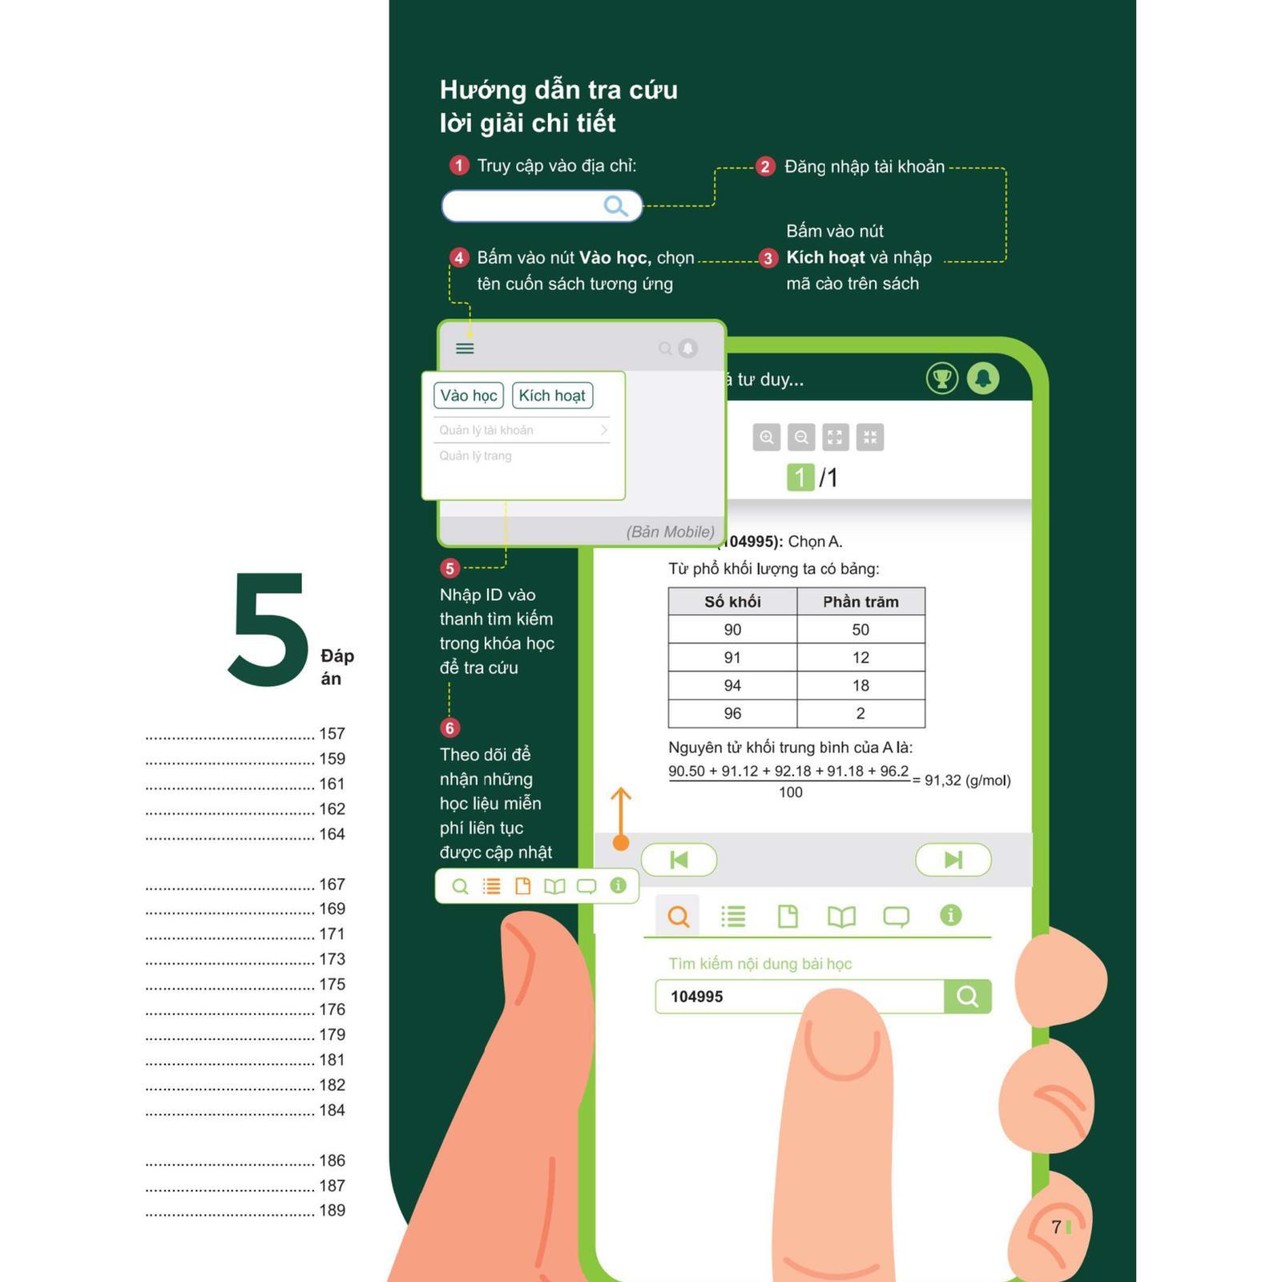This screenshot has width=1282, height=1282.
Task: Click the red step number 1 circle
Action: coord(458,166)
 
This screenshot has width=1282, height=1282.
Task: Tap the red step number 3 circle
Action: coord(768,258)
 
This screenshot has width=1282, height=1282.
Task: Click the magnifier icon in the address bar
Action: coord(615,206)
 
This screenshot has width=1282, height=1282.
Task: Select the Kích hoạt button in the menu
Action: coord(552,395)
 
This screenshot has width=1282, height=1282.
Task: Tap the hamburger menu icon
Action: coord(465,348)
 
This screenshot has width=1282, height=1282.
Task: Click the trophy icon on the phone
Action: coord(942,378)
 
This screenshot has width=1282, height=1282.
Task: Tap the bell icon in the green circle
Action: coord(983,378)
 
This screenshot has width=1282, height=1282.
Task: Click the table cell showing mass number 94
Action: coord(732,686)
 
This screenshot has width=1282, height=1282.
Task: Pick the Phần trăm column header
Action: coord(861,602)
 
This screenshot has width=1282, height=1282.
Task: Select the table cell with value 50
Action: coord(861,630)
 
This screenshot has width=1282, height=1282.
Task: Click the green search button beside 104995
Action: coord(968,996)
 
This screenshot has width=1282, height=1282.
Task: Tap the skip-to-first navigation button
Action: coord(679,860)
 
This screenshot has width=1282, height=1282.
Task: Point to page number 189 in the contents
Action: coord(333,1211)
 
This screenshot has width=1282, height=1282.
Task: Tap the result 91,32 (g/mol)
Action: coord(968,780)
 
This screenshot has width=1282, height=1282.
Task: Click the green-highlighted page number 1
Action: coord(800,478)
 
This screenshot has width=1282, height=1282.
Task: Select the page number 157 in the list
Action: coord(333,734)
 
